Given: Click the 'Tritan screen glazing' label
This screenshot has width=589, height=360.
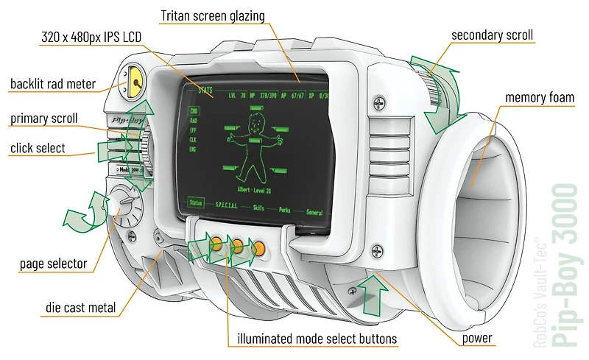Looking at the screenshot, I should tap(212, 15).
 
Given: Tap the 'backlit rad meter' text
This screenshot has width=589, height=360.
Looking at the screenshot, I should tap(53, 84).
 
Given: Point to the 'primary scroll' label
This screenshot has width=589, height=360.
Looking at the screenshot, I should tap(43, 119).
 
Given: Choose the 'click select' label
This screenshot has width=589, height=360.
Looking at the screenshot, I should tap(38, 148).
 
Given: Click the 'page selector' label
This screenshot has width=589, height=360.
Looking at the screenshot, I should tap(53, 264).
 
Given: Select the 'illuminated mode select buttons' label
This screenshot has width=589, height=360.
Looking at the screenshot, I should tap(317, 339).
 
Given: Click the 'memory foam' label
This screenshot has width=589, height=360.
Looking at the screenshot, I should tap(540, 98).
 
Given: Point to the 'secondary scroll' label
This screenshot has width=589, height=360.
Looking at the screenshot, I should tap(492, 35).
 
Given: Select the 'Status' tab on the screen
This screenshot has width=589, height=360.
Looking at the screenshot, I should tap(196, 202).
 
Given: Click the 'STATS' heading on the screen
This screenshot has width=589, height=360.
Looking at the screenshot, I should tap(206, 90).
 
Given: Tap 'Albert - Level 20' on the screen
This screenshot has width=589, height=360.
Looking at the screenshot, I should tap(250, 188).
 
